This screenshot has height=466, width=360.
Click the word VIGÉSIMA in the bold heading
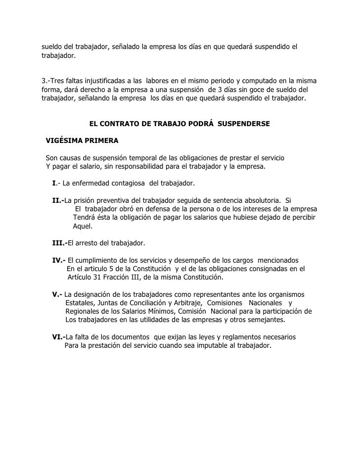point(64,140)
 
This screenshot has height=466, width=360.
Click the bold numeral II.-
point(58,200)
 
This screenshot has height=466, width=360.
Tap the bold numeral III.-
point(59,243)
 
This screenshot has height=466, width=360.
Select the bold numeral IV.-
point(59,260)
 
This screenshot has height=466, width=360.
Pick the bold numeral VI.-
point(59,337)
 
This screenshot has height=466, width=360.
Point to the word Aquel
point(82,226)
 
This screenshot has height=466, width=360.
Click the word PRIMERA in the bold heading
point(101,140)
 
